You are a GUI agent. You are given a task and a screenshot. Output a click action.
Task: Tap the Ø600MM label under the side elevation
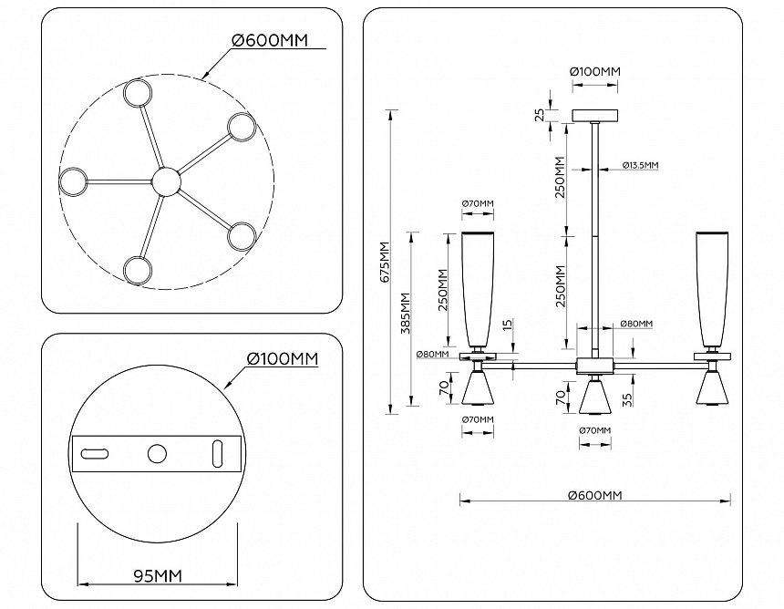pos(594,495)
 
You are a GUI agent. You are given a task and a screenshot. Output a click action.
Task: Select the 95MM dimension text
pos(158,575)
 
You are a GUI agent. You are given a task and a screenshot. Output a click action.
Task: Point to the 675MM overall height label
pos(385,262)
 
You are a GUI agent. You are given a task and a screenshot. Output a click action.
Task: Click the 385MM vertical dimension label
pos(406,312)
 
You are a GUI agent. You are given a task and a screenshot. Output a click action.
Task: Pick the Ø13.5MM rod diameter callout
pos(640,165)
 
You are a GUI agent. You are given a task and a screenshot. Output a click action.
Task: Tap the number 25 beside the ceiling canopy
pos(540,115)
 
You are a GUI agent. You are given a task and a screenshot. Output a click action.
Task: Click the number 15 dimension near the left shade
pos(507,325)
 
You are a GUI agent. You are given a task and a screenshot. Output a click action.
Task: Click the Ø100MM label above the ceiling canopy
pos(594,71)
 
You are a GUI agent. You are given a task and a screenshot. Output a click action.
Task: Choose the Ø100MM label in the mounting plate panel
pos(283,358)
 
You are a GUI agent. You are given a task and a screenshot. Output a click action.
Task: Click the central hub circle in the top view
pos(166,181)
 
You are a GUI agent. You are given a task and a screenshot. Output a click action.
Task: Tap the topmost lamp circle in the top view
pos(139,93)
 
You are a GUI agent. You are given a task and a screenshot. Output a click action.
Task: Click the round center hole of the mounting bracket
pos(158,453)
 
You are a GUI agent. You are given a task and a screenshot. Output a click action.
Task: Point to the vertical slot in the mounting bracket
pos(218,452)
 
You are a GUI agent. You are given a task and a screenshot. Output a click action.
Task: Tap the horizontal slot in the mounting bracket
pos(95,453)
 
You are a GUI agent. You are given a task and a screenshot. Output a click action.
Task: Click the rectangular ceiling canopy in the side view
pos(594,116)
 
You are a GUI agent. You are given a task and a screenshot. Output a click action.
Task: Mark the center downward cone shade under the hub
pos(594,396)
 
